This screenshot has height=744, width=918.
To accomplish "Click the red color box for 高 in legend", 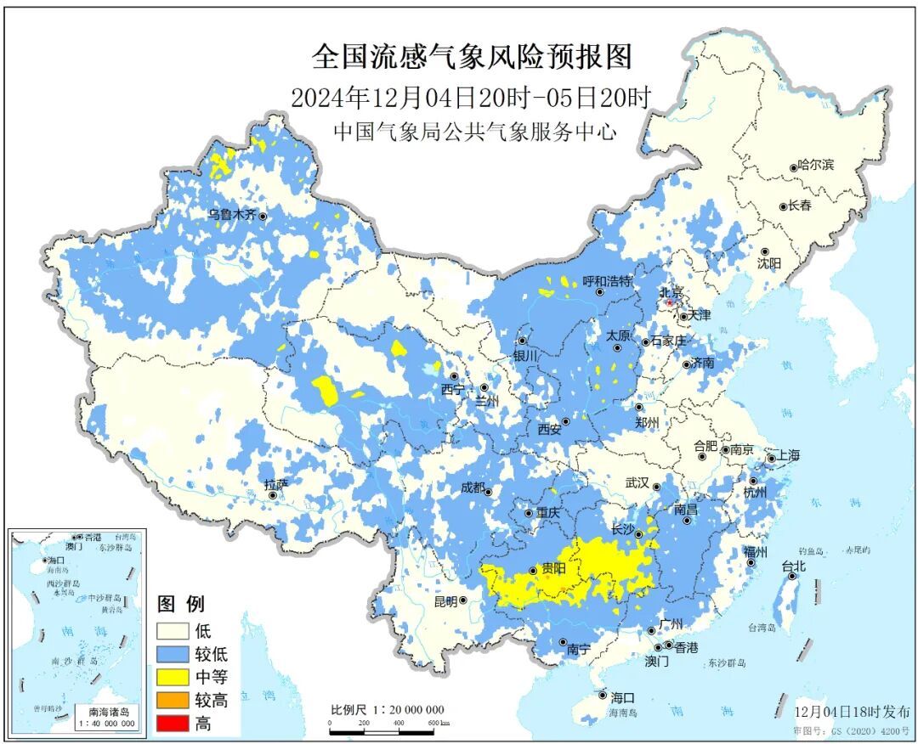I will (172, 724).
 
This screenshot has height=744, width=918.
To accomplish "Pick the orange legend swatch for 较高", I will (172, 701).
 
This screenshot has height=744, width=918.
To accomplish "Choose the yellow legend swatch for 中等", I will (172, 678).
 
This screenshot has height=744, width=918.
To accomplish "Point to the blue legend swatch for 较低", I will (172, 655).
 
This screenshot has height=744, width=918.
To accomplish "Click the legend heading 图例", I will (181, 605).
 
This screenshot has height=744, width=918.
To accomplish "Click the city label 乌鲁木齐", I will (231, 215).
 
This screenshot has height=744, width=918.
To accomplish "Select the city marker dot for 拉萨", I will (273, 495).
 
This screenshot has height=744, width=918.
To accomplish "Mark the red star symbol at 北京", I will (670, 302).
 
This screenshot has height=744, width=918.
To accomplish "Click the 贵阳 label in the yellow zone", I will (552, 570).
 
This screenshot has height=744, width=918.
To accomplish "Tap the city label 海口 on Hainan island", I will (622, 696).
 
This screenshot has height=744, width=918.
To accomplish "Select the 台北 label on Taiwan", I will (793, 566).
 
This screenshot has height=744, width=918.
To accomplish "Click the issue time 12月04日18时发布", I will (852, 712).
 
